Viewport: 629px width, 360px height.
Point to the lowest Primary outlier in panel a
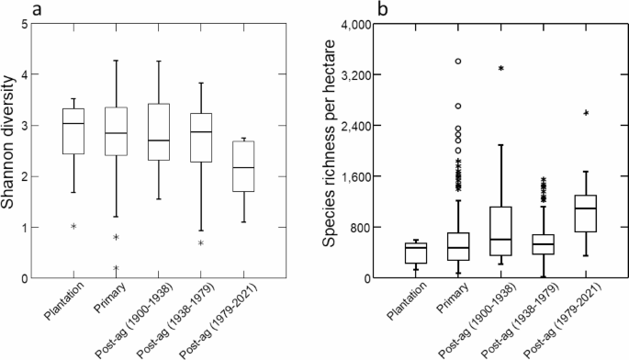point(116,268)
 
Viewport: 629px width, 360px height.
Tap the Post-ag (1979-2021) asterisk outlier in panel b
point(585,113)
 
